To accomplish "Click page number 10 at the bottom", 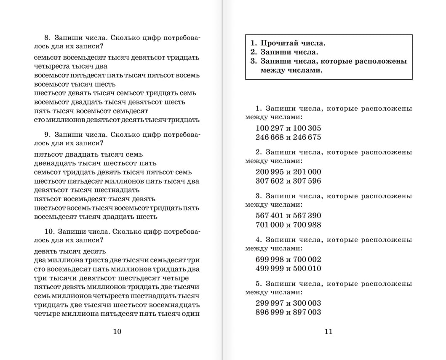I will (x=118, y=331).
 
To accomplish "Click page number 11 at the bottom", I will (x=328, y=331).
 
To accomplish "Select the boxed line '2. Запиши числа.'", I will (x=284, y=52).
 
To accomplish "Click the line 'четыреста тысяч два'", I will (x=71, y=66).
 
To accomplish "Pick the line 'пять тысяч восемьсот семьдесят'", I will (x=91, y=111).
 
